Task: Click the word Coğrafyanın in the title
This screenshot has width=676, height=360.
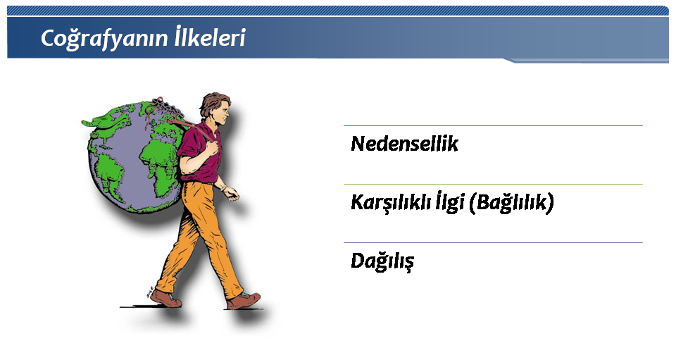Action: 105,38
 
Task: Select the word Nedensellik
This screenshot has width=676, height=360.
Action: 404,144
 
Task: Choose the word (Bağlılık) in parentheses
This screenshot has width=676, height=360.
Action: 512,203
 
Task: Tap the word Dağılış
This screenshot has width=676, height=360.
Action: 382,261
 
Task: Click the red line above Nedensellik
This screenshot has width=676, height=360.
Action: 493,126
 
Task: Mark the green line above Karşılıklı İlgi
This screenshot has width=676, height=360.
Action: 493,184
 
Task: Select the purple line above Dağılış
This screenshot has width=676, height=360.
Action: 493,243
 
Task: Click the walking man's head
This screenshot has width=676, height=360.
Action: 215,108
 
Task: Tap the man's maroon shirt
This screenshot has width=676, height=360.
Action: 199,151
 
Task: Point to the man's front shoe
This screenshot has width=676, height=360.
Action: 243,300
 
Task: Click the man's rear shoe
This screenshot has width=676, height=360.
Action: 165,298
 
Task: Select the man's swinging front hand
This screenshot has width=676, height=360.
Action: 232,193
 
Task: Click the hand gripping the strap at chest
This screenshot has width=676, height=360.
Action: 211,148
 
